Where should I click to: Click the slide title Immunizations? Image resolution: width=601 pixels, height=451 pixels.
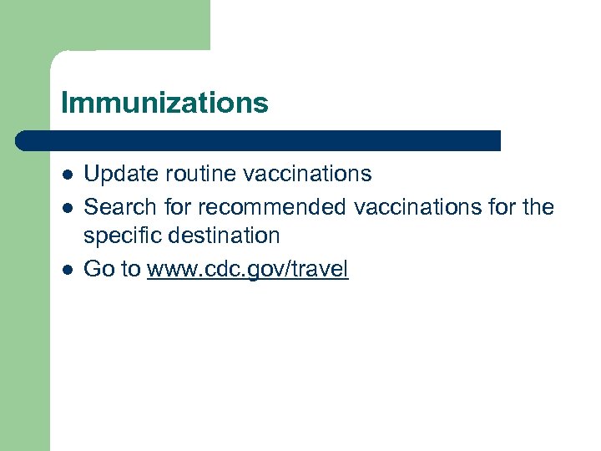[164, 103]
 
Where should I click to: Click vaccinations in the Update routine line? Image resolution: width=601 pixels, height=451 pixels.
[307, 174]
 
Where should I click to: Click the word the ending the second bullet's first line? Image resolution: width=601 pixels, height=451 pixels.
[538, 205]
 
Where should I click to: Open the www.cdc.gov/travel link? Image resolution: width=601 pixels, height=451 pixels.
[247, 269]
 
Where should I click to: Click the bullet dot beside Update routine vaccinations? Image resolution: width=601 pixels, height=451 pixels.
[68, 175]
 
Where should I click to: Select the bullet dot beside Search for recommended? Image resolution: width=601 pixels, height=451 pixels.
[68, 207]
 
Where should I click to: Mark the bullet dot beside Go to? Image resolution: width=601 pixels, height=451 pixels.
[68, 270]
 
